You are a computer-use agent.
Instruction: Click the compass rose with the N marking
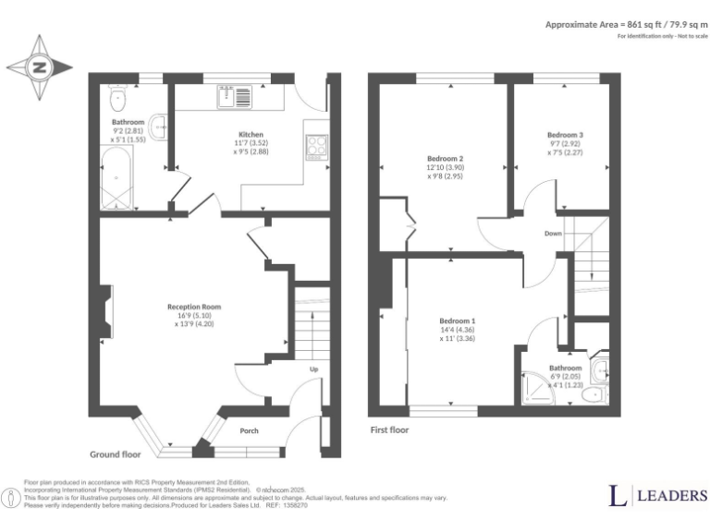[x=39, y=66]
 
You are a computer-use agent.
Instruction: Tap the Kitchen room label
[x=251, y=134]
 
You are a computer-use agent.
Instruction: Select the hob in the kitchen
[x=315, y=146]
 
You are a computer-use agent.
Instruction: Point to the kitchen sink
[x=227, y=92]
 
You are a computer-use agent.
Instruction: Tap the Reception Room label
[x=194, y=307]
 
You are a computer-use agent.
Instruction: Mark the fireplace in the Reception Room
[x=107, y=313]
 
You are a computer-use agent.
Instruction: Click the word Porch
[x=249, y=431]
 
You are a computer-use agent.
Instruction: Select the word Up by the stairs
[x=313, y=369]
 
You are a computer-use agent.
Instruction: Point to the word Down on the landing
[x=553, y=234]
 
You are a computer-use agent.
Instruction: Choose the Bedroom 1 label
[x=458, y=321]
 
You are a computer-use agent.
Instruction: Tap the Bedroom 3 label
[x=565, y=135]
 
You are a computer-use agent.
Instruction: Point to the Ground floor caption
[x=115, y=454]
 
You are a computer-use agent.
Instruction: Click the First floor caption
[x=389, y=429]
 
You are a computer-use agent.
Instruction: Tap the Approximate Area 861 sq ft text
[x=625, y=24]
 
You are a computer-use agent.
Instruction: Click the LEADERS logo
[x=657, y=496]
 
